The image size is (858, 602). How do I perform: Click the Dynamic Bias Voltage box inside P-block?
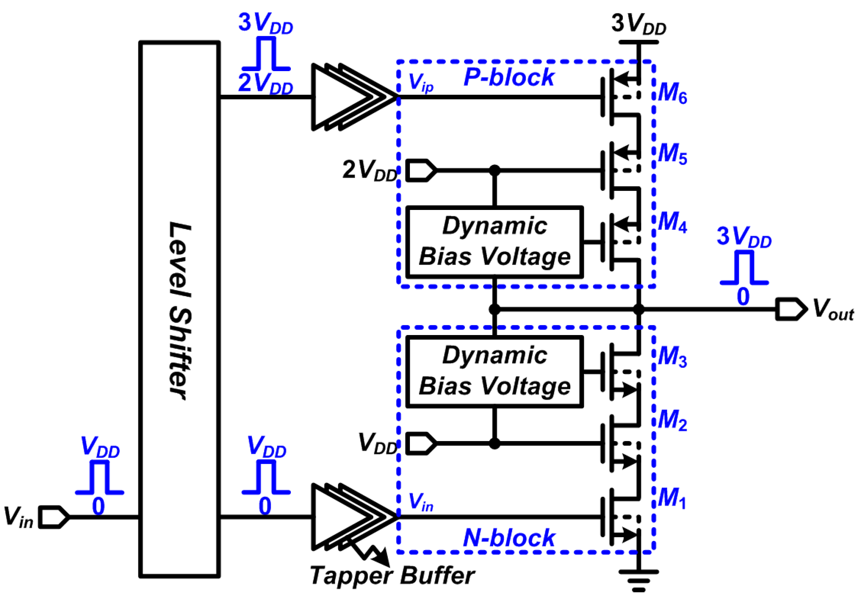pos(494,242)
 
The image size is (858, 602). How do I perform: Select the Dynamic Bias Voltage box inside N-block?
pos(494,372)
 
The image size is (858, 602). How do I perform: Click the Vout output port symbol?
pos(791,309)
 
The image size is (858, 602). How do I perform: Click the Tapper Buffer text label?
pos(392,576)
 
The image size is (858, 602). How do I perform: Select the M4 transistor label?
pos(672,222)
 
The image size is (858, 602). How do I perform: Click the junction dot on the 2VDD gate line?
pos(494,170)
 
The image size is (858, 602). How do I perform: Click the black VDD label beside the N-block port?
pos(377,444)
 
